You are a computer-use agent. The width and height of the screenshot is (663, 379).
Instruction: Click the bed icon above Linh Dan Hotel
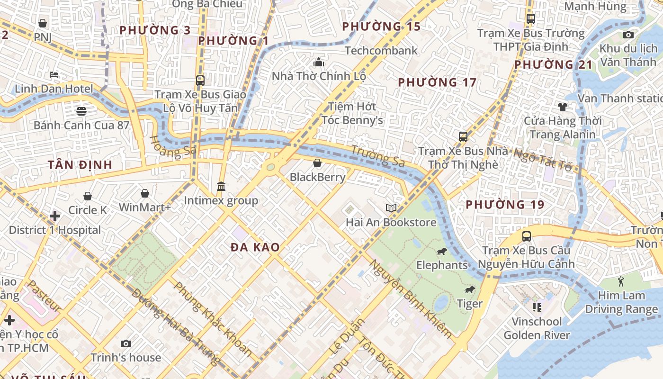click(x=54, y=75)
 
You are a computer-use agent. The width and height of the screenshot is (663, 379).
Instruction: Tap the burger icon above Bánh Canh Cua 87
click(x=81, y=111)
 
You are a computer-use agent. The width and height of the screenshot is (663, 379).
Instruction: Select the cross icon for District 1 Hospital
click(x=55, y=216)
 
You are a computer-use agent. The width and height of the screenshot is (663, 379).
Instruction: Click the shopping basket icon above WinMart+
click(x=145, y=193)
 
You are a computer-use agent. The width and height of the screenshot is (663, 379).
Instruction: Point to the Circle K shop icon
click(x=88, y=196)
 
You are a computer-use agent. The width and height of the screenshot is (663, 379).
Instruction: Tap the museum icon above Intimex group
click(x=221, y=187)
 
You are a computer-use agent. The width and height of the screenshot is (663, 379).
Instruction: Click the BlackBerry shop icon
click(x=317, y=163)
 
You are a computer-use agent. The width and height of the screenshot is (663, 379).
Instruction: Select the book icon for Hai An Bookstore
click(x=391, y=208)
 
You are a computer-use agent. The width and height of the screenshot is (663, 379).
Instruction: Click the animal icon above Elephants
click(x=441, y=251)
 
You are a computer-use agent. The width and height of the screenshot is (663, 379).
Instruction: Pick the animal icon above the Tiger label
click(x=469, y=290)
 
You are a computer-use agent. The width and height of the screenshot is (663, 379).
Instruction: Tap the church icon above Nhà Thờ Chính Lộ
click(x=319, y=62)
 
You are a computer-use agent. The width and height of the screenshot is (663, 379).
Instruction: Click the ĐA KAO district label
click(x=255, y=247)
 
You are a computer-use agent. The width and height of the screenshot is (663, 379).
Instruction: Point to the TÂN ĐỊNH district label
click(x=80, y=165)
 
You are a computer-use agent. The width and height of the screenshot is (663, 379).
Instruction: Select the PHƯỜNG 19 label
click(x=505, y=205)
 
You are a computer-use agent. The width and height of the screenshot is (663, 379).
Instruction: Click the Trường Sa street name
click(x=377, y=156)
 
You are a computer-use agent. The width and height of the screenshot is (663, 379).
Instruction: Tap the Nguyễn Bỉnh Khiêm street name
click(x=411, y=299)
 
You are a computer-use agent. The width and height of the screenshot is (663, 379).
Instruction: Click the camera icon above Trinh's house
click(x=125, y=343)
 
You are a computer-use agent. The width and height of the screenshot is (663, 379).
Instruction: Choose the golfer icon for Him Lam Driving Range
click(x=621, y=281)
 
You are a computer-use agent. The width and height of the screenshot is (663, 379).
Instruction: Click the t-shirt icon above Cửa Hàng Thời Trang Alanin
click(x=562, y=107)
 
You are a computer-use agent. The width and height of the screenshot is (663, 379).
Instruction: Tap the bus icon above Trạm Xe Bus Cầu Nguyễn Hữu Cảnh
click(x=526, y=236)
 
